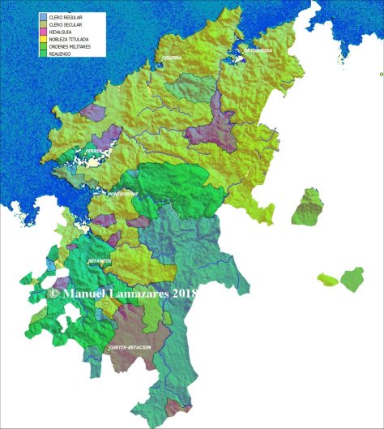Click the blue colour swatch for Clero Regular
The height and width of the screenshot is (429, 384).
[x=43, y=16]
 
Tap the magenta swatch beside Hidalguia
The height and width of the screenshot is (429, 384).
[x=43, y=31]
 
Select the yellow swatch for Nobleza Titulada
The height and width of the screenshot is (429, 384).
[x=43, y=38]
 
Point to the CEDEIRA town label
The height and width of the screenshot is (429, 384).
[x=171, y=58]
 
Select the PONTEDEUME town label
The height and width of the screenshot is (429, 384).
[x=123, y=195]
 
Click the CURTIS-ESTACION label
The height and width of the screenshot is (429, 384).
[x=129, y=347]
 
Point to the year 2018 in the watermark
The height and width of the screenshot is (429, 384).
[x=185, y=294]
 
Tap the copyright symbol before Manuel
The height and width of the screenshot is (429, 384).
[x=53, y=294]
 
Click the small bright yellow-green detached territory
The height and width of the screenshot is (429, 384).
[x=326, y=280]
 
